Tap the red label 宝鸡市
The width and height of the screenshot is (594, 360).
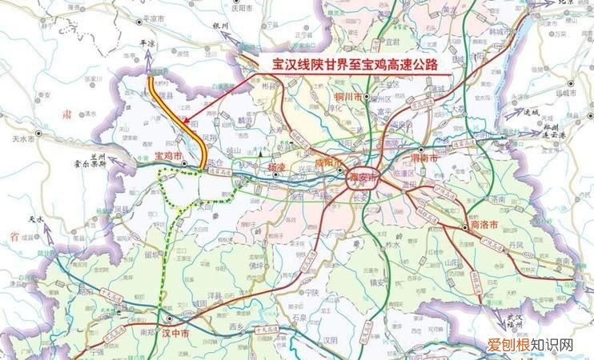pyautogui.click(x=167, y=154)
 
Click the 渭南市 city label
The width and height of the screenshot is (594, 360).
pyautogui.click(x=423, y=158)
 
